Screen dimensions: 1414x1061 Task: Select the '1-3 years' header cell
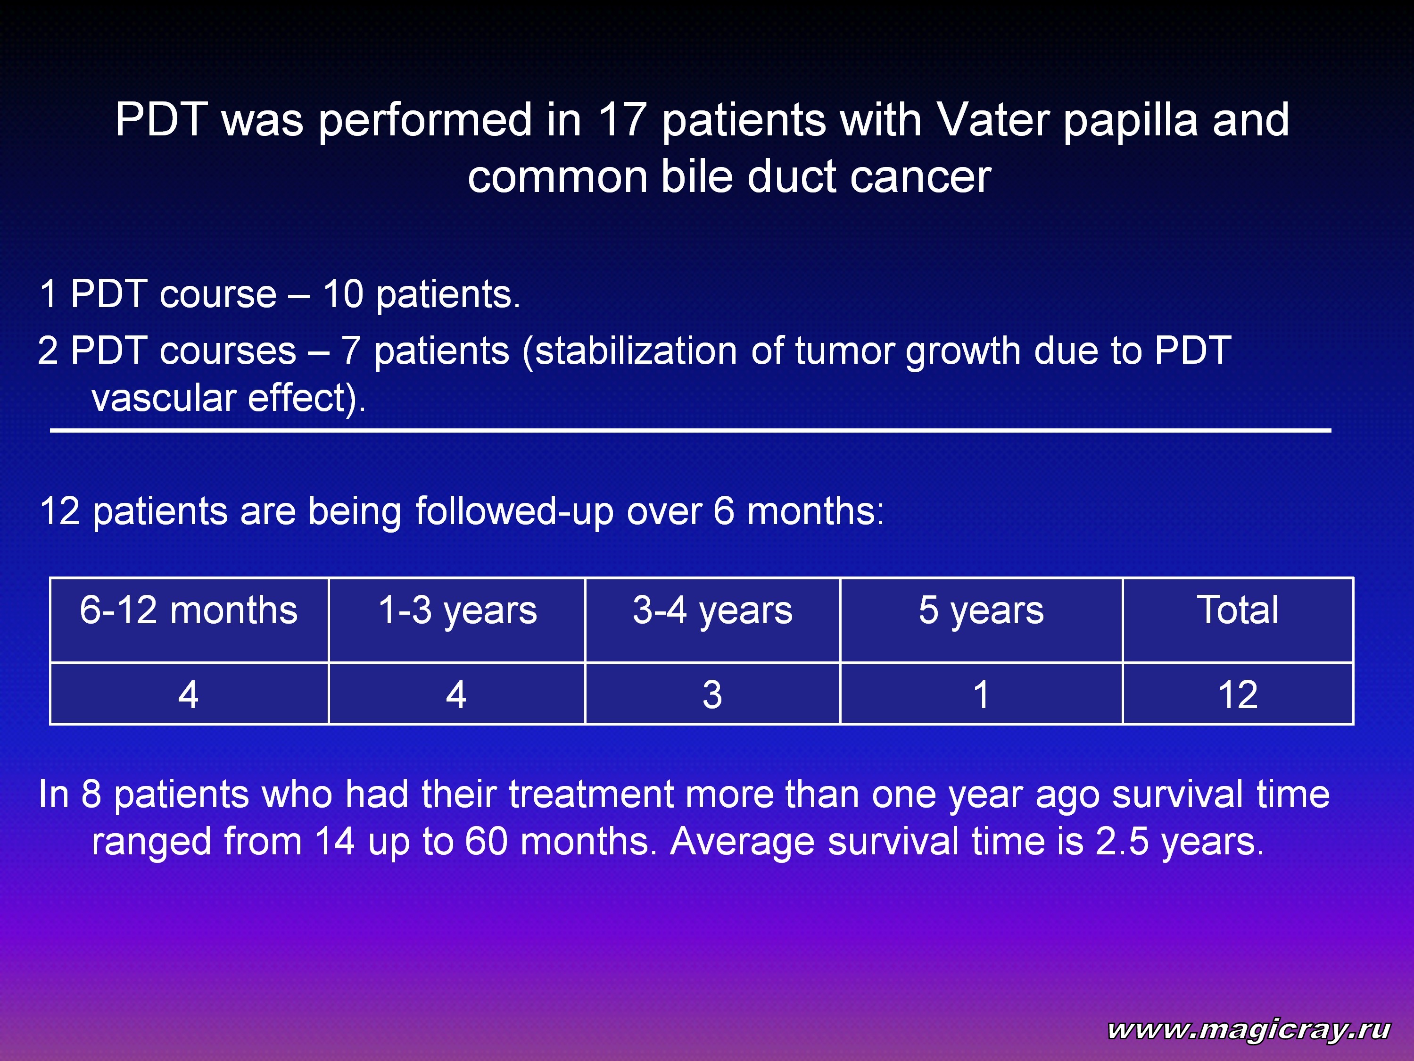(458, 611)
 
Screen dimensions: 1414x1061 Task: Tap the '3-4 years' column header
(713, 611)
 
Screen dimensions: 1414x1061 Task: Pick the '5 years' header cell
(981, 611)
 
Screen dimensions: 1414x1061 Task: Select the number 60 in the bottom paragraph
(486, 842)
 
